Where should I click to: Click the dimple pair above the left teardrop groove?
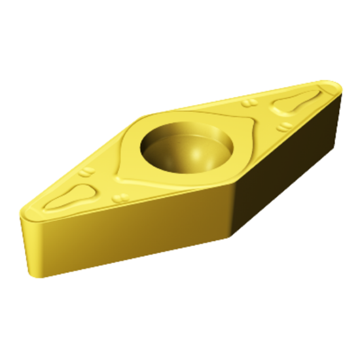[86, 172]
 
